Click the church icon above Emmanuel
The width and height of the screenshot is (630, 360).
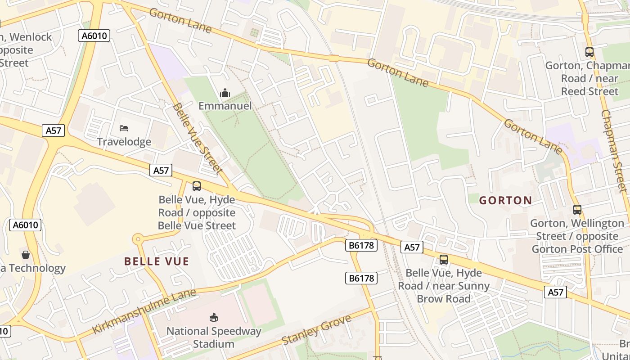click(225, 93)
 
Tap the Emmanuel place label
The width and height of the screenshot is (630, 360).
click(225, 106)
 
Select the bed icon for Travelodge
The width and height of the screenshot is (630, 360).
click(124, 128)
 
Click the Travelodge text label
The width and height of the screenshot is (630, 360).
click(124, 142)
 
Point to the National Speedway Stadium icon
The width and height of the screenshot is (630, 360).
click(214, 318)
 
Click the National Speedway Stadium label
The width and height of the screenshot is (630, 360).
click(214, 337)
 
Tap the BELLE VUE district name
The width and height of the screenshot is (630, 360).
click(157, 261)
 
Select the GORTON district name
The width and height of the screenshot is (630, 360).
click(505, 200)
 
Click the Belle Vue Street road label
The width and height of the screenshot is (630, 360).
click(198, 138)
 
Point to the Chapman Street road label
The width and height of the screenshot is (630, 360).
click(613, 151)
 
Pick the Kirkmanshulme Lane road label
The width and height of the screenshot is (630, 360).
click(144, 311)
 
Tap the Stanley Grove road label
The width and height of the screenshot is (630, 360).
click(316, 330)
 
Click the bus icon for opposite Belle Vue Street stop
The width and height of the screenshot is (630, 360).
click(197, 186)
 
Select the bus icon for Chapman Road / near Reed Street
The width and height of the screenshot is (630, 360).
click(589, 52)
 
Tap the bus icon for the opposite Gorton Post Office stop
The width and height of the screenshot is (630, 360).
click(577, 209)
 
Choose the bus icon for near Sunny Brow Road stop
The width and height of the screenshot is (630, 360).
click(444, 259)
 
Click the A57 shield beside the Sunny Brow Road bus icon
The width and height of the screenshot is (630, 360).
click(412, 247)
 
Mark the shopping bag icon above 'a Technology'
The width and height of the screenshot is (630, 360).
click(26, 255)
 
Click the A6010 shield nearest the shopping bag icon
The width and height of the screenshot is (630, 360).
click(25, 225)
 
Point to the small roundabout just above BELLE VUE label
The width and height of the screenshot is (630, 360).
click(138, 239)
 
